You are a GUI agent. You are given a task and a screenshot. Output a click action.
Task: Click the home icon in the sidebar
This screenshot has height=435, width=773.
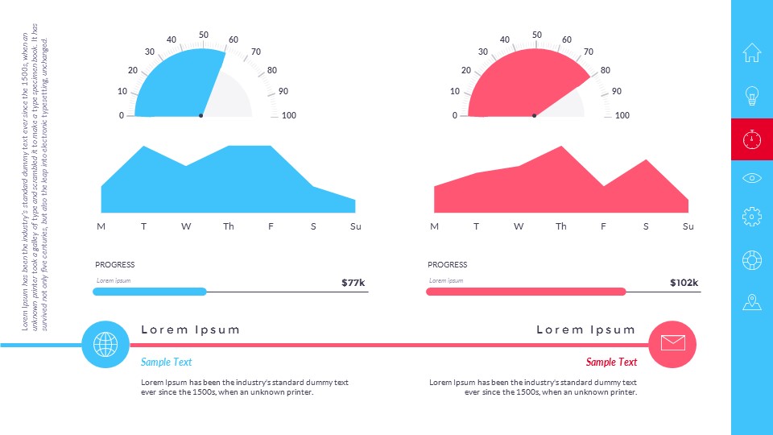click(751, 52)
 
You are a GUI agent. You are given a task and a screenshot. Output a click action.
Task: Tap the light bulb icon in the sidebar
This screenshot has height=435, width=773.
click(751, 96)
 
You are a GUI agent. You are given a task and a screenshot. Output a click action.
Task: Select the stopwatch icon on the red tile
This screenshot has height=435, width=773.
click(751, 139)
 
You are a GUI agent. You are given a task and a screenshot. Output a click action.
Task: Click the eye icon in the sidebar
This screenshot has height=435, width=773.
click(751, 177)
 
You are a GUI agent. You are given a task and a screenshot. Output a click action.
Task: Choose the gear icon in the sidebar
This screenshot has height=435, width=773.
click(751, 216)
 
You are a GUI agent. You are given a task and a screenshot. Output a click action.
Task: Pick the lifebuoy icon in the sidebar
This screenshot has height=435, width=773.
click(751, 260)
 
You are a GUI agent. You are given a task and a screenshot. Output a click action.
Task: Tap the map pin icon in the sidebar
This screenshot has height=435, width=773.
click(751, 303)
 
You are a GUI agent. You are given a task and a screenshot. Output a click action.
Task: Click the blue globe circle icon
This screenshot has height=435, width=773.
click(105, 344)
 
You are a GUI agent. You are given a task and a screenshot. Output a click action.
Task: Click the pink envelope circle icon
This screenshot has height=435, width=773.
click(672, 343)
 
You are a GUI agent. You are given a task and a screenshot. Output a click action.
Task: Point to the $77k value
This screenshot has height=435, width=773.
click(353, 283)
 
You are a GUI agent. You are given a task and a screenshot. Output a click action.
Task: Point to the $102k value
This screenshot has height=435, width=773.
click(684, 283)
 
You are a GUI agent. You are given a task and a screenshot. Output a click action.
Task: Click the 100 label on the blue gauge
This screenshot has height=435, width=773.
click(288, 115)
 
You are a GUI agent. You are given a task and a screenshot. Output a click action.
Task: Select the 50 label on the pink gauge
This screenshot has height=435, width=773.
click(537, 35)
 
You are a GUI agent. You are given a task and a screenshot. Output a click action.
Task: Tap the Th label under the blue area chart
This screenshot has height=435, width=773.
click(229, 226)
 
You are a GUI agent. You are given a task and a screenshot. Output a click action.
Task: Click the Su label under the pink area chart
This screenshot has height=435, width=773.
click(688, 226)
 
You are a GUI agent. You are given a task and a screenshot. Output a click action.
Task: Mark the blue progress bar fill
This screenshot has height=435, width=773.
click(150, 292)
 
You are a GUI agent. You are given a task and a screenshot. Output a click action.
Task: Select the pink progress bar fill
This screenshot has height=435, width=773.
click(526, 292)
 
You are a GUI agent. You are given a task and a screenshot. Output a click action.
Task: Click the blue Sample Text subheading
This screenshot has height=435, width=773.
click(167, 362)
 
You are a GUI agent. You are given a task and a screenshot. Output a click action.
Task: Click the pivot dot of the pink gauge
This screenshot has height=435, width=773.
click(534, 116)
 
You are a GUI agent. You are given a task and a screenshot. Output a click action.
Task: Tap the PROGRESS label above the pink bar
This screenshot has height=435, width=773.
click(447, 264)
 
